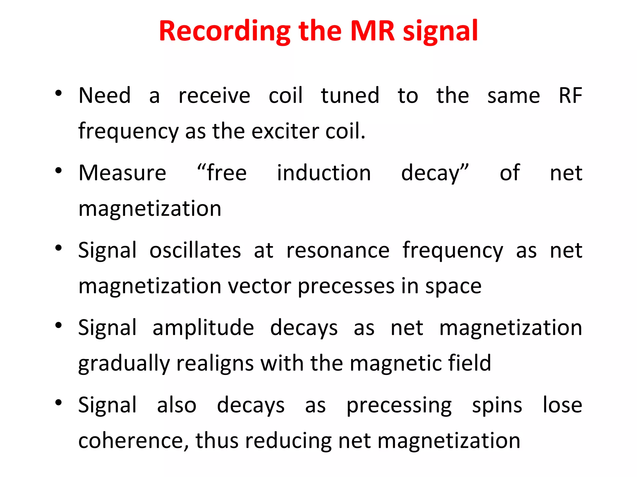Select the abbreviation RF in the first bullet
(570, 95)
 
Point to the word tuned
(350, 95)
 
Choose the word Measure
(122, 173)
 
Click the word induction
(324, 173)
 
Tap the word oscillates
(195, 250)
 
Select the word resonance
(338, 250)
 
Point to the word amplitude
(203, 328)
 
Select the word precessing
(399, 406)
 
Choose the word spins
(497, 406)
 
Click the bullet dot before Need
(58, 93)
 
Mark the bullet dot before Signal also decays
(58, 403)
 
